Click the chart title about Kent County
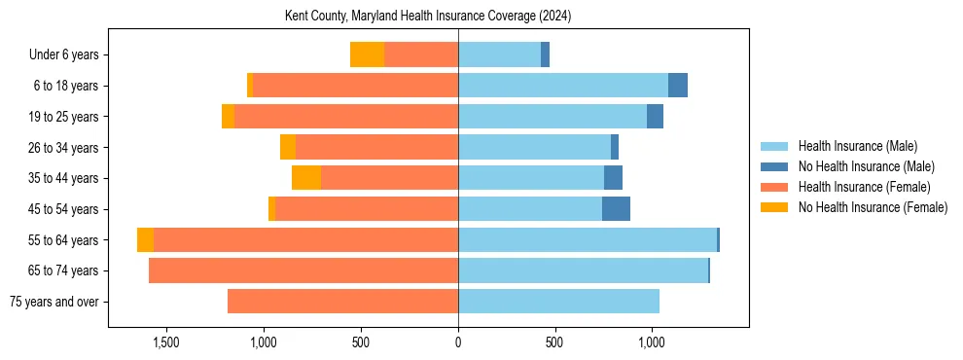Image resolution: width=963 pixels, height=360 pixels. [428, 17]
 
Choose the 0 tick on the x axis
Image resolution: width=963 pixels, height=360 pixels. [458, 342]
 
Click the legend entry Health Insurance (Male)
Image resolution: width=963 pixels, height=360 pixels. [856, 146]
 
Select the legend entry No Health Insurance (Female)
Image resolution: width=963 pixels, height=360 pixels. [873, 207]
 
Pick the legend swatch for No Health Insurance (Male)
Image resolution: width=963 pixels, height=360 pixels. [775, 166]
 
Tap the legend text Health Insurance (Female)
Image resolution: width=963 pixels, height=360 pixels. [864, 187]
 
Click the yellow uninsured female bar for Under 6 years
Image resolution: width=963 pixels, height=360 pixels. [367, 54]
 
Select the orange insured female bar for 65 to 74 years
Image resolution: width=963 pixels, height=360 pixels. [303, 270]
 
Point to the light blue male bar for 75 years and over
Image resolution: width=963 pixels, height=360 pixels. [558, 302]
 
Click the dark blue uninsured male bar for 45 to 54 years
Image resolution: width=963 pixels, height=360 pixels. [616, 209]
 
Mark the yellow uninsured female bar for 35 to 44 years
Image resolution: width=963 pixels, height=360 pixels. [306, 178]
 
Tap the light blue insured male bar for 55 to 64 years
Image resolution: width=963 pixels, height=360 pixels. [587, 239]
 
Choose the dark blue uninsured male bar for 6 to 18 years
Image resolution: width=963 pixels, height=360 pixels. [678, 86]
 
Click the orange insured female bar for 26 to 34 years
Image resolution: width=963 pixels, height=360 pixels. [376, 147]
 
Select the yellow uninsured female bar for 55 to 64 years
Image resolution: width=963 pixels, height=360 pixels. [145, 239]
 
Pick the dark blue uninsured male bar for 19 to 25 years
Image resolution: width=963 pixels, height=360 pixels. [655, 117]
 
